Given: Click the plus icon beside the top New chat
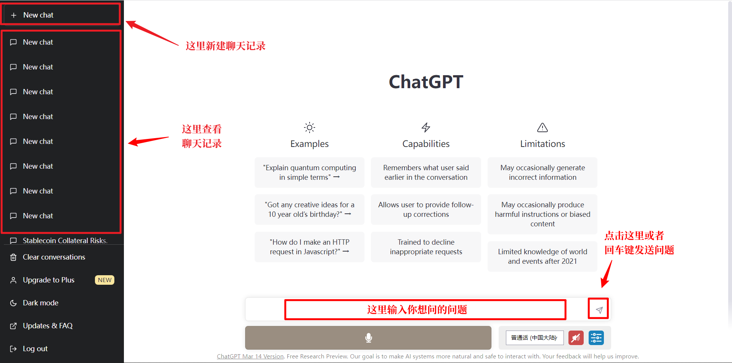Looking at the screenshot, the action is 14,15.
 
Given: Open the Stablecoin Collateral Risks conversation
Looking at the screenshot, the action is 65,240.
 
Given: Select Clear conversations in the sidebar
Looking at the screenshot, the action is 54,257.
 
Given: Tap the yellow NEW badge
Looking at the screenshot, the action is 104,280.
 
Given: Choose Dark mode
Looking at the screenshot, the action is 40,303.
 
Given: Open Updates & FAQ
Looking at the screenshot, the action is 48,326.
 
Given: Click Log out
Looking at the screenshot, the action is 35,348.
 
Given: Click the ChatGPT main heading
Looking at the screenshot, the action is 426,82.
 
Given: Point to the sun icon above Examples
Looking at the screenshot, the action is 310,127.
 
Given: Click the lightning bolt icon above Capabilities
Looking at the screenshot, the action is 426,127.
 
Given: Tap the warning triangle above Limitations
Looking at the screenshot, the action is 543,127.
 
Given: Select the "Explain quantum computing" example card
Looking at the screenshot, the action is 310,173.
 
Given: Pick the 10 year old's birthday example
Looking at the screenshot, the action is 310,210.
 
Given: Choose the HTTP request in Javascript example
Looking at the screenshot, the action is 310,247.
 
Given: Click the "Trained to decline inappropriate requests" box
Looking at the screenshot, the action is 426,247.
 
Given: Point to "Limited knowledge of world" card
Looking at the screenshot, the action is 543,257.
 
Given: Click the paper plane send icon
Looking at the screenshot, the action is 599,310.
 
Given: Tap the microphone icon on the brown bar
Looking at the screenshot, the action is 369,338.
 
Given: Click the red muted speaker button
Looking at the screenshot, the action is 576,338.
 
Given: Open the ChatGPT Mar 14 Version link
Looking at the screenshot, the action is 250,356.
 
